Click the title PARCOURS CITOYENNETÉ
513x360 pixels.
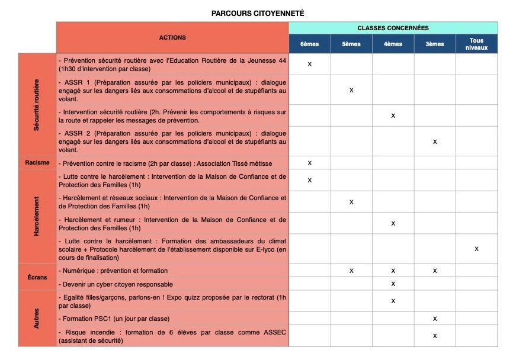coord(257,13)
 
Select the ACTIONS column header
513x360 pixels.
coord(172,38)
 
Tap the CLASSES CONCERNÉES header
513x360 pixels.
coord(393,28)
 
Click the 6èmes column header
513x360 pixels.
coord(309,44)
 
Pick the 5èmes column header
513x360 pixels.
coord(351,44)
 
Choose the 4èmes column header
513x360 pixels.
coord(393,44)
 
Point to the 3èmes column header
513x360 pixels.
coord(435,44)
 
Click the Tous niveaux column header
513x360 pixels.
coord(476,44)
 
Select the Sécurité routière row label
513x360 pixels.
coord(37,105)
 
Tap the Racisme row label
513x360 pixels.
coord(37,163)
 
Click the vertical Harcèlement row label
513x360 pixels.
coord(37,217)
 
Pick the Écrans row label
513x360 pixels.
coord(37,277)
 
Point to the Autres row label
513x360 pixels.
coord(37,318)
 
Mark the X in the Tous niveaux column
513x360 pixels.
coord(476,249)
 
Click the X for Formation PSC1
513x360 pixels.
coord(435,319)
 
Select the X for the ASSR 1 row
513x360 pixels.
coord(351,90)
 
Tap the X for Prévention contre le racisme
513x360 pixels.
coord(309,163)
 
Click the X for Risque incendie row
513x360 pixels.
coord(435,336)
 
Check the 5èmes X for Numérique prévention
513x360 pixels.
coord(351,271)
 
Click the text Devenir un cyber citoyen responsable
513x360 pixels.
coord(116,284)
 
